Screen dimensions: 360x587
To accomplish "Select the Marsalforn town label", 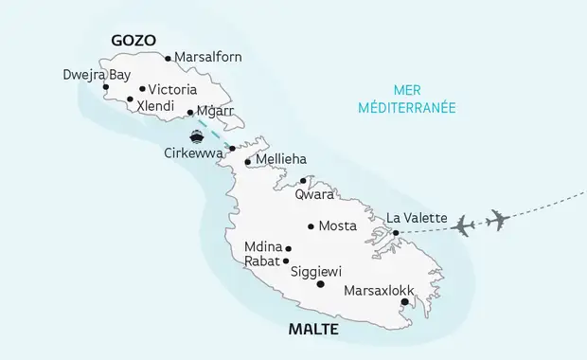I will (x=208, y=58).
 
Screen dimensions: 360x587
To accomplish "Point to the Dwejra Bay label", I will (x=97, y=74).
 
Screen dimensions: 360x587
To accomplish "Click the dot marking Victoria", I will (x=142, y=89).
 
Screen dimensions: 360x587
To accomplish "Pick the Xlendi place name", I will (x=156, y=105).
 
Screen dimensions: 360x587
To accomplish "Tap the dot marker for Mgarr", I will (x=190, y=112).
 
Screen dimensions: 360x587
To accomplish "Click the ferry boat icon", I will (x=198, y=135).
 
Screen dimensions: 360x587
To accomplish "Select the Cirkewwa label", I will (x=193, y=153).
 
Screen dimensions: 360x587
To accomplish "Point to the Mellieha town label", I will (x=281, y=160).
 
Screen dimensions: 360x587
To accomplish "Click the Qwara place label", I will (x=314, y=195).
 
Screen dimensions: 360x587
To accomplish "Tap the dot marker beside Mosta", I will (x=311, y=225).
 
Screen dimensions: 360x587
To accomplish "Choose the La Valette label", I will (x=418, y=218).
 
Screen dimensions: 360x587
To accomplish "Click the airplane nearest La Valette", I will (x=464, y=225).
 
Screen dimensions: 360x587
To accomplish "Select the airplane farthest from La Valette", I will (x=497, y=220).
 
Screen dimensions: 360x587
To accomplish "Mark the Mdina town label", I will (x=262, y=245).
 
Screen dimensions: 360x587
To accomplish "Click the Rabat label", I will (x=260, y=261).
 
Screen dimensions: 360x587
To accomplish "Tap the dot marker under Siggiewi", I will (x=320, y=284).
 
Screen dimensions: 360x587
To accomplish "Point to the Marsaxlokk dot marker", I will (x=404, y=302).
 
